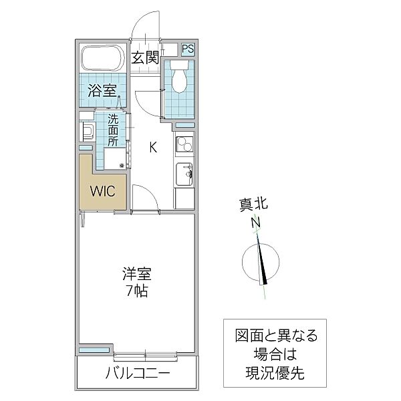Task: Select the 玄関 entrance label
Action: (144, 58)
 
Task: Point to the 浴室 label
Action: (102, 90)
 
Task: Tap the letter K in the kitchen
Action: (152, 148)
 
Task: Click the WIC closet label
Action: (103, 190)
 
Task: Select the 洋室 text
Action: (137, 274)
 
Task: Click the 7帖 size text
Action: (137, 291)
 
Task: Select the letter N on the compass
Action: (255, 224)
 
